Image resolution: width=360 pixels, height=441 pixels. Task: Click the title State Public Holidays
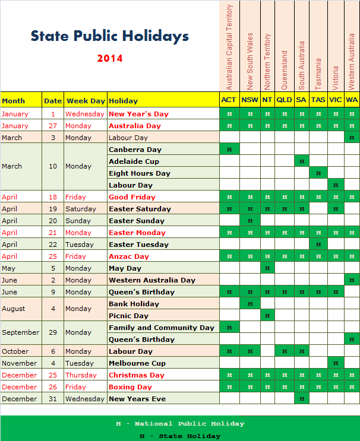pyautogui.click(x=110, y=36)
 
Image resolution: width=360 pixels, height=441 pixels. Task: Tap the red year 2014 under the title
pyautogui.click(x=110, y=58)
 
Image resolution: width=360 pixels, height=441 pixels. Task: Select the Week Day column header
pyautogui.click(x=86, y=101)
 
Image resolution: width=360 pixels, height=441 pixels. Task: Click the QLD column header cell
pyautogui.click(x=284, y=100)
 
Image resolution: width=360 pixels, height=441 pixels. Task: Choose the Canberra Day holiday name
pyautogui.click(x=135, y=150)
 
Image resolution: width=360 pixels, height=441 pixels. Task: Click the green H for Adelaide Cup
pyautogui.click(x=302, y=161)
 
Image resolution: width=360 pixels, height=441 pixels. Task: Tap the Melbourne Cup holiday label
pyautogui.click(x=137, y=363)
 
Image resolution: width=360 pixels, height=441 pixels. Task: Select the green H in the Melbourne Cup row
pyautogui.click(x=336, y=363)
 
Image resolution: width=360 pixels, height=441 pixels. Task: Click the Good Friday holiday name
pyautogui.click(x=132, y=197)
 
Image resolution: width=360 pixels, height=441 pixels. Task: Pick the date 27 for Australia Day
pyautogui.click(x=53, y=126)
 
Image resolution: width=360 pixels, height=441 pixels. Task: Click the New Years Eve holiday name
pyautogui.click(x=137, y=399)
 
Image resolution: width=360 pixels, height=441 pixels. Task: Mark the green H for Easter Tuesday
pyautogui.click(x=318, y=245)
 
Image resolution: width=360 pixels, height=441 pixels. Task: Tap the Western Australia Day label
pyautogui.click(x=152, y=280)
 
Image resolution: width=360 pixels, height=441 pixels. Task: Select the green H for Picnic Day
pyautogui.click(x=267, y=316)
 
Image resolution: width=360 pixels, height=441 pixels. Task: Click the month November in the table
pyautogui.click(x=20, y=363)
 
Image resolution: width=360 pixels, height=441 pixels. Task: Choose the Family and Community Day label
pyautogui.click(x=162, y=328)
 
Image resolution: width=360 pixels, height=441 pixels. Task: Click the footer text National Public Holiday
pyautogui.click(x=180, y=424)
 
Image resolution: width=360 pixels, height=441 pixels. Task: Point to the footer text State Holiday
pyautogui.click(x=180, y=436)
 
